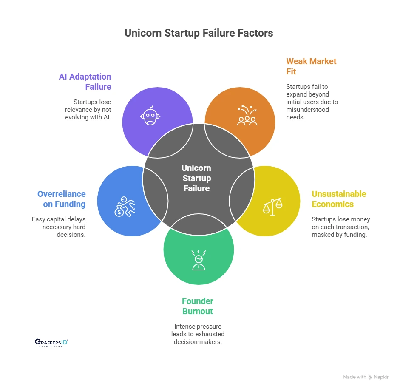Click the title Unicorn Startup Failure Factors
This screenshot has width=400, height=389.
199,33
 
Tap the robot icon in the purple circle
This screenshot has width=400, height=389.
149,116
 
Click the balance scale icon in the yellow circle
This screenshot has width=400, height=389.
272,207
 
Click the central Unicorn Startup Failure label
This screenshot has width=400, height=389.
196,178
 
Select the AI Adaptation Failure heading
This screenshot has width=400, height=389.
85,82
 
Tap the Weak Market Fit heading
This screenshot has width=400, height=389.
311,66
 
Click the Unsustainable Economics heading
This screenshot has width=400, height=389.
338,199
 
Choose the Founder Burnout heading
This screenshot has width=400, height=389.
198,306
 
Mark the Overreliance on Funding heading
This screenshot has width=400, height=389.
62,199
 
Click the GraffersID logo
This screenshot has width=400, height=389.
51,343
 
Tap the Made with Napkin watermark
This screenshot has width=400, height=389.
366,377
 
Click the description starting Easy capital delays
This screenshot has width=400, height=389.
59,227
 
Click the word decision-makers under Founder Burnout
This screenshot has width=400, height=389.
198,341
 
